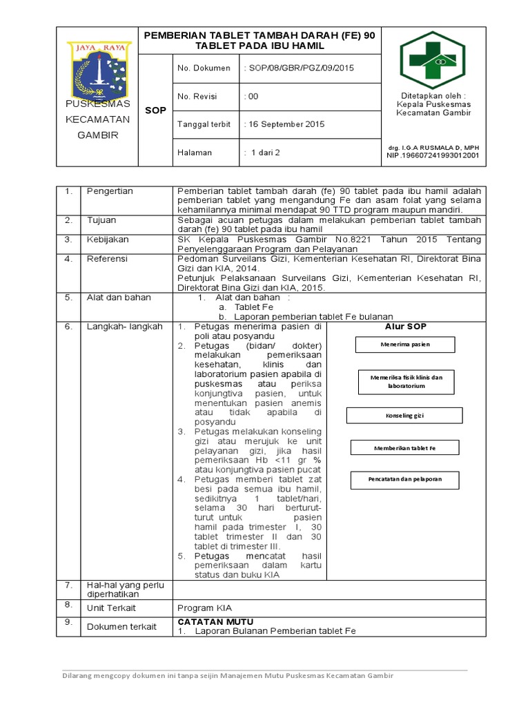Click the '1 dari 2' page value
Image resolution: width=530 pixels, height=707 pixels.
click(x=263, y=153)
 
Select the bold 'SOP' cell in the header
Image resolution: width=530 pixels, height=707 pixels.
click(x=155, y=110)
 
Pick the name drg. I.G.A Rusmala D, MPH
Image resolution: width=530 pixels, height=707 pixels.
click(x=433, y=148)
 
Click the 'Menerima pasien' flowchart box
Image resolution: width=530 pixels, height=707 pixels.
click(x=404, y=345)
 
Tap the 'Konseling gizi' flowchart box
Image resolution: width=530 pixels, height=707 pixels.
click(x=404, y=416)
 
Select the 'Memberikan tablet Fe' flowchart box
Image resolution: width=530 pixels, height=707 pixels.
click(x=405, y=448)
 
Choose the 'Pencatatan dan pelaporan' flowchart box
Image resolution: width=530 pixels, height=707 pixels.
click(x=404, y=479)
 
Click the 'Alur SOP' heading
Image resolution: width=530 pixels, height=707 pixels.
click(x=405, y=326)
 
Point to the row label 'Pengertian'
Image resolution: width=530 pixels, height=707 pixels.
click(x=109, y=191)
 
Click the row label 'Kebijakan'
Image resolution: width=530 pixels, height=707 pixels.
click(x=107, y=239)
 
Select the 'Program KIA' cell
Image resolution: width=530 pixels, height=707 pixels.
click(x=205, y=608)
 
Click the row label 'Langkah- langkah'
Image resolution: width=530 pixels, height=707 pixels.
click(x=124, y=327)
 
